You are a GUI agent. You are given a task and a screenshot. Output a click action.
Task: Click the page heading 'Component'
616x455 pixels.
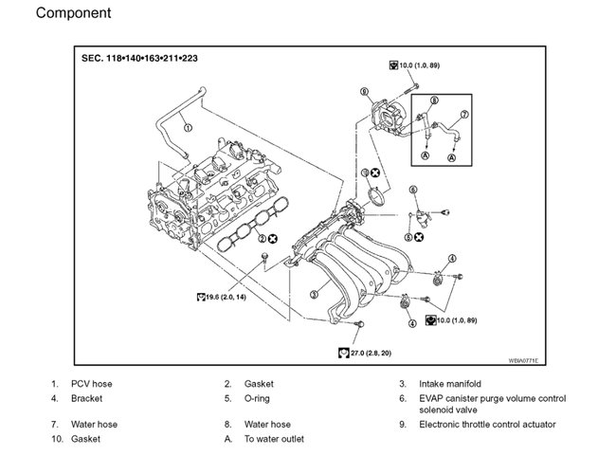(x=73, y=14)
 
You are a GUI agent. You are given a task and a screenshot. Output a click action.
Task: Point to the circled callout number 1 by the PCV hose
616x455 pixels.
(x=188, y=127)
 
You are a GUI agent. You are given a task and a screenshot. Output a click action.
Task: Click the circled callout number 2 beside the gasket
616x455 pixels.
(x=260, y=239)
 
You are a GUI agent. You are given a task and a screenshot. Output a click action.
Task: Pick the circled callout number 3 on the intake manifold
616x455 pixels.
(x=314, y=295)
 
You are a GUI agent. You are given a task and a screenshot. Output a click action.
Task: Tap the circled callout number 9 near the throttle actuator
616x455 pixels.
(x=363, y=92)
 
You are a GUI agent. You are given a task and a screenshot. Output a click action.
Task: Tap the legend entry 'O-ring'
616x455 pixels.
(x=258, y=399)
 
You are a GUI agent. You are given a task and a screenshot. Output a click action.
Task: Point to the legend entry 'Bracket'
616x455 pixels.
(x=87, y=399)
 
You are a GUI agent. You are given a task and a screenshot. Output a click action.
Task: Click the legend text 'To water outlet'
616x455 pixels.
(x=274, y=440)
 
